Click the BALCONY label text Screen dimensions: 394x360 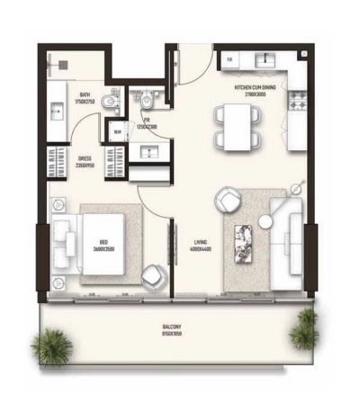(172, 328)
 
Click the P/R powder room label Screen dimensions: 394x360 (144, 123)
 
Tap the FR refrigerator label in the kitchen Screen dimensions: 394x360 (229, 59)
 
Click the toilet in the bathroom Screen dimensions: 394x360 (109, 101)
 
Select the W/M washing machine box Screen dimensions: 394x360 (116, 132)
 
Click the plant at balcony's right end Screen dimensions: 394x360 (303, 330)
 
